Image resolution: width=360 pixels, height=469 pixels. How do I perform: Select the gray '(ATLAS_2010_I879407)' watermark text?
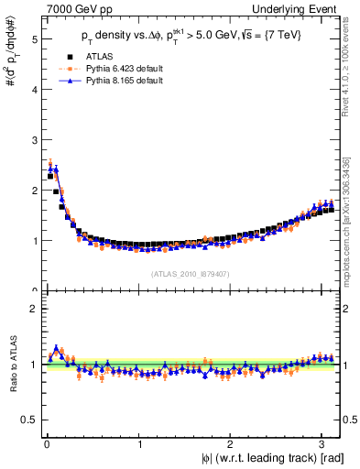pyautogui.click(x=191, y=273)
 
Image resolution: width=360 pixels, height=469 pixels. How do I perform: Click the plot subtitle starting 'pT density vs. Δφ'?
pyautogui.click(x=191, y=36)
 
